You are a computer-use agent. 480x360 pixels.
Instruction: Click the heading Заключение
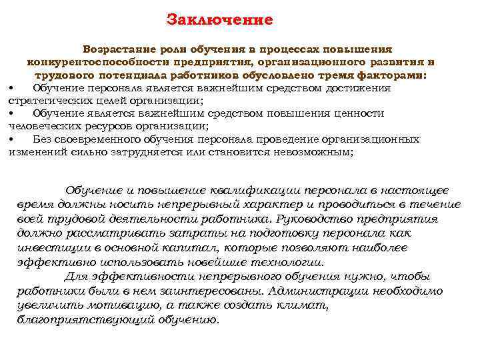219,19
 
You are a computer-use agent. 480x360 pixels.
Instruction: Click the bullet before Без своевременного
12,139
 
